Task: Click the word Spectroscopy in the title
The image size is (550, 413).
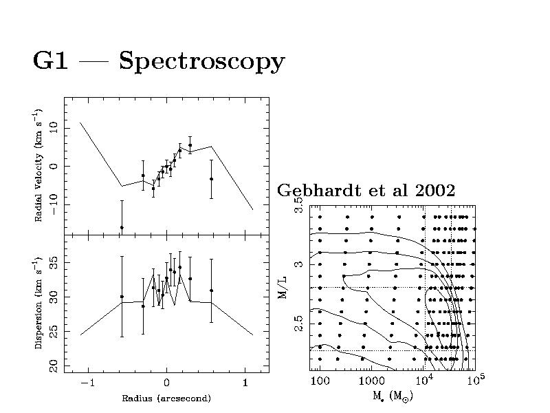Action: pyautogui.click(x=201, y=62)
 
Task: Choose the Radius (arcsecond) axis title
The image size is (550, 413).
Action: pyautogui.click(x=166, y=399)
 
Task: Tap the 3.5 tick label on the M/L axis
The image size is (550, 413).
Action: pyautogui.click(x=299, y=206)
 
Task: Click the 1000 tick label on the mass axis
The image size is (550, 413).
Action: pyautogui.click(x=371, y=381)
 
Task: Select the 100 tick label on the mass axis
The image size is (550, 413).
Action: pyautogui.click(x=319, y=381)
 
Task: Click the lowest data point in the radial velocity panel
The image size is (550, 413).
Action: pyautogui.click(x=122, y=227)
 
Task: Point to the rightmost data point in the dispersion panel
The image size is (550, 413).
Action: pyautogui.click(x=212, y=290)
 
